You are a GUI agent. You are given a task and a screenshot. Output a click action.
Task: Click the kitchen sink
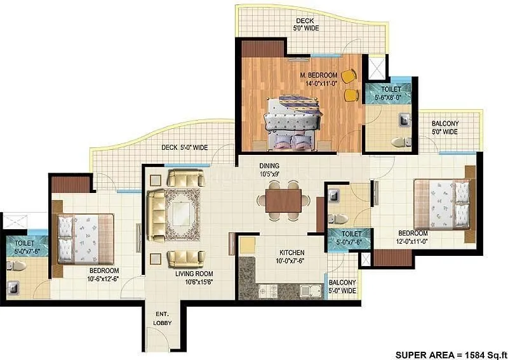point(310,291)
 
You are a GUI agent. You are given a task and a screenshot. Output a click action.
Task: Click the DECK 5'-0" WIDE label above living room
point(184,147)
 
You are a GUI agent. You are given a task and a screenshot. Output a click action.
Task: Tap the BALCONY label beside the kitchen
point(342,286)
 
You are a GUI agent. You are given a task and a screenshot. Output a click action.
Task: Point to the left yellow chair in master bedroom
point(347,76)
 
